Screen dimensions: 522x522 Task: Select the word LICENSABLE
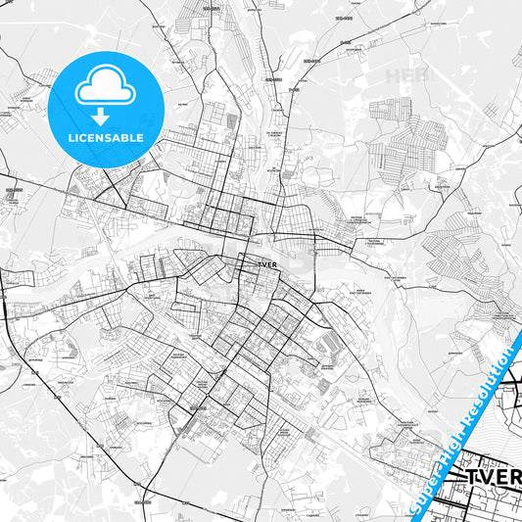click(105, 138)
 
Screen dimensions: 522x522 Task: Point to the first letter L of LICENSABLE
click(71, 138)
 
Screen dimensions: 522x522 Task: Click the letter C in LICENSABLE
click(86, 138)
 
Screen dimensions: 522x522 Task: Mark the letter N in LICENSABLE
click(102, 138)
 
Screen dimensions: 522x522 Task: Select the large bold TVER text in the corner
click(493, 477)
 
